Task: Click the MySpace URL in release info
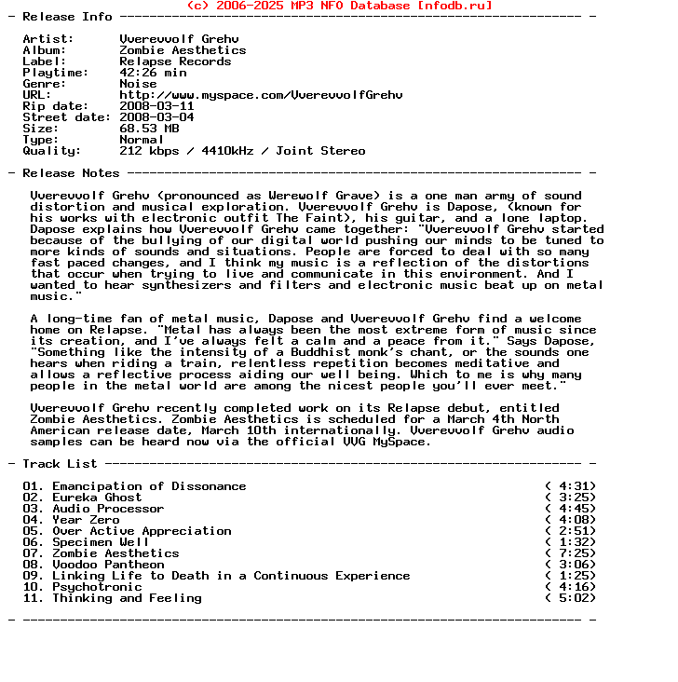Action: pyautogui.click(x=261, y=95)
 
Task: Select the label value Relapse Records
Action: pyautogui.click(x=175, y=61)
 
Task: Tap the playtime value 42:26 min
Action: pyautogui.click(x=153, y=73)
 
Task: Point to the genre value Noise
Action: pyautogui.click(x=138, y=84)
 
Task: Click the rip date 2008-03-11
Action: pyautogui.click(x=156, y=106)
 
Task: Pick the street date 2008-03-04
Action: pyautogui.click(x=156, y=117)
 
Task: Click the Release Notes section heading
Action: pyautogui.click(x=71, y=173)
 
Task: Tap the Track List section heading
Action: pyautogui.click(x=60, y=464)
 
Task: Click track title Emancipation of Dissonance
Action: pyautogui.click(x=149, y=486)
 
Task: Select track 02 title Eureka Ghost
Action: pyautogui.click(x=97, y=498)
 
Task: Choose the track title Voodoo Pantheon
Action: pyautogui.click(x=108, y=565)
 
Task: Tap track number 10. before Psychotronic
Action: pyautogui.click(x=34, y=587)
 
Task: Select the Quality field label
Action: pyautogui.click(x=52, y=151)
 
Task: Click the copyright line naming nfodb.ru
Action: pyautogui.click(x=339, y=6)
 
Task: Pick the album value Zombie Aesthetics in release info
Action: pyautogui.click(x=183, y=50)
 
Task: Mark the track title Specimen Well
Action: pyautogui.click(x=101, y=542)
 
